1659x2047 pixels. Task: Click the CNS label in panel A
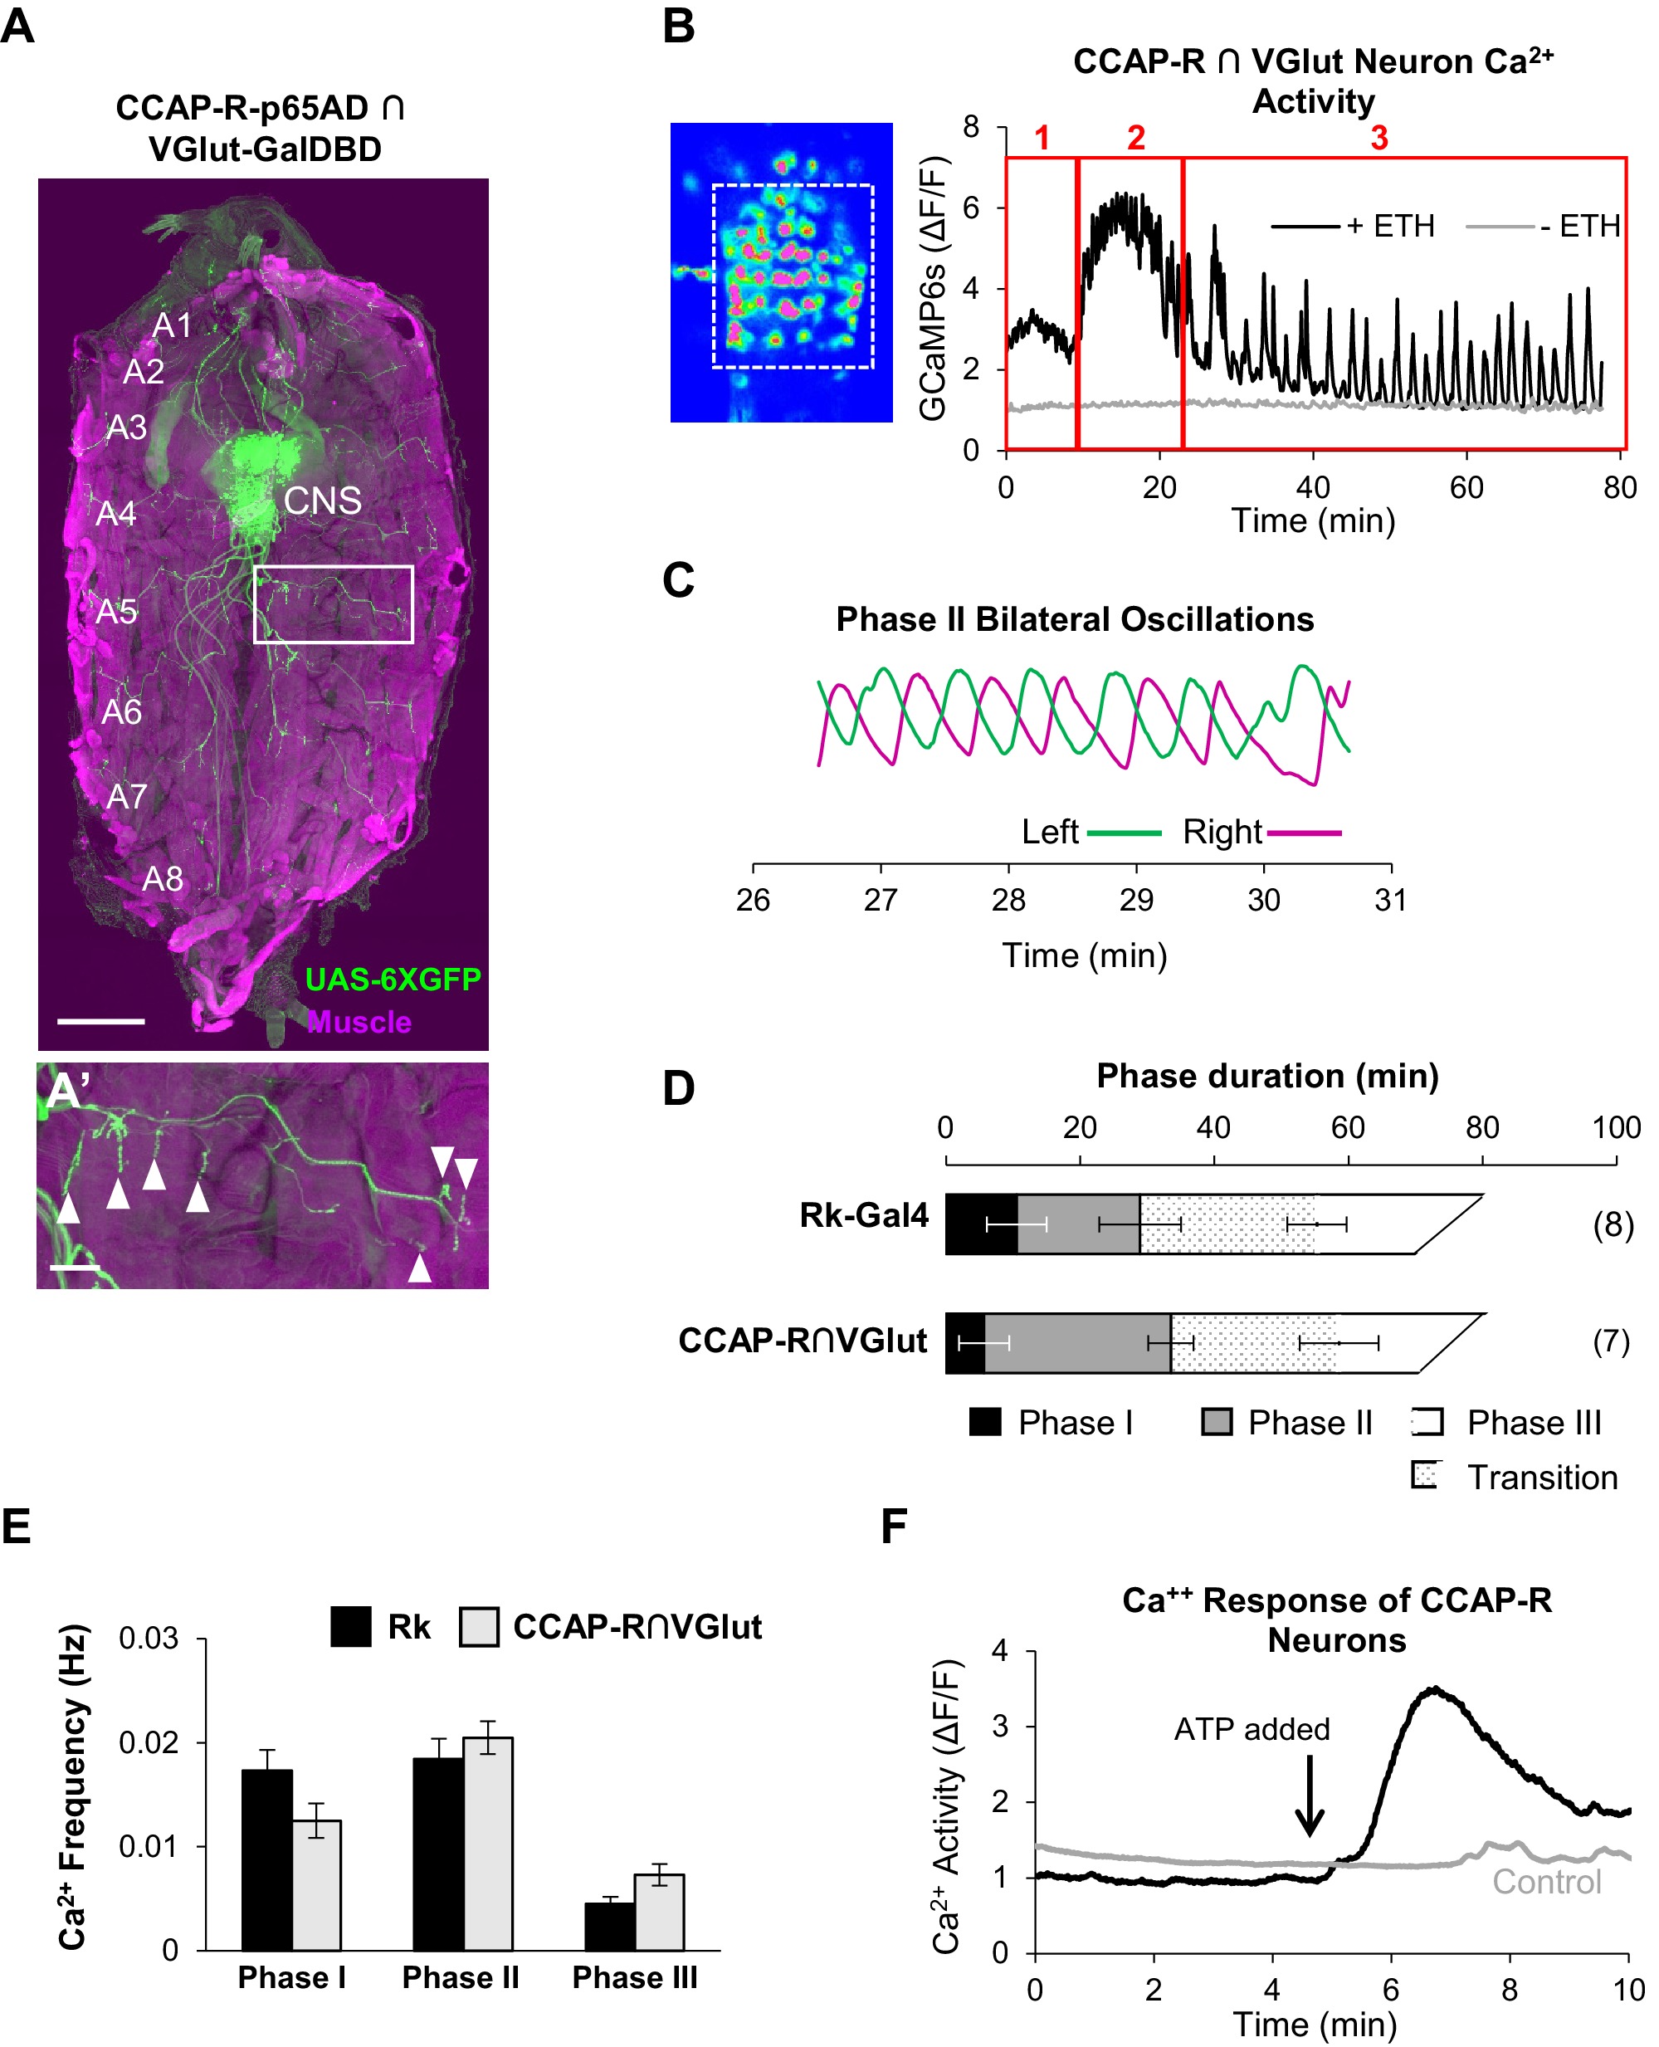pyautogui.click(x=322, y=500)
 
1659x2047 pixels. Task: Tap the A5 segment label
pyautogui.click(x=116, y=611)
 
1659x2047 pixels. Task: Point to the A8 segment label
pyautogui.click(x=162, y=878)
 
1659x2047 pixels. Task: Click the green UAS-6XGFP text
pyautogui.click(x=393, y=979)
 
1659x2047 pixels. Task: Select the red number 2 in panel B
pyautogui.click(x=1134, y=138)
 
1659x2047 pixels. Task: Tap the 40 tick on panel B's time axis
pyautogui.click(x=1312, y=487)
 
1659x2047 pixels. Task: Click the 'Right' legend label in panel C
pyautogui.click(x=1222, y=832)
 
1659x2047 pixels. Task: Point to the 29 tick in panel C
pyautogui.click(x=1135, y=899)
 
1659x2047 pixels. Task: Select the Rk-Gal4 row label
pyautogui.click(x=864, y=1214)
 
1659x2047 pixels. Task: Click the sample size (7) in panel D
pyautogui.click(x=1610, y=1341)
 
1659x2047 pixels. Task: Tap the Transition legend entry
pyautogui.click(x=1541, y=1477)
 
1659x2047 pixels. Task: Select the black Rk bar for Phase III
pyautogui.click(x=610, y=1926)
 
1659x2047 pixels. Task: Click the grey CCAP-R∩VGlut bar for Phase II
pyautogui.click(x=487, y=1843)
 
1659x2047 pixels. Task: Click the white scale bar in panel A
pyautogui.click(x=100, y=1021)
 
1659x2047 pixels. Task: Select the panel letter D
pyautogui.click(x=679, y=1087)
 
